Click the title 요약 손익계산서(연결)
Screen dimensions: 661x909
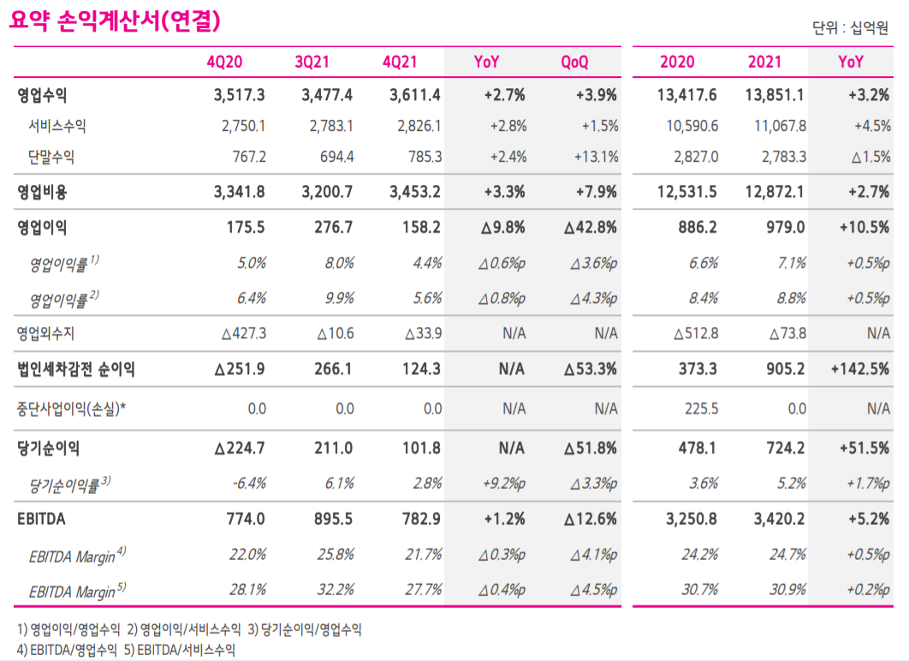116,21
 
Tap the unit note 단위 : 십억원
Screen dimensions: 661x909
852,28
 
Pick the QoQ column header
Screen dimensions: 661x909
574,63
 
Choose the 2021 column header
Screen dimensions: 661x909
764,63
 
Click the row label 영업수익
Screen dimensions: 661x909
42,95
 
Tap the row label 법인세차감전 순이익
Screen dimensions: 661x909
76,370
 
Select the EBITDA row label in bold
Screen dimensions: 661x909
41,519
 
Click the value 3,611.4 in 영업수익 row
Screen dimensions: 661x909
415,95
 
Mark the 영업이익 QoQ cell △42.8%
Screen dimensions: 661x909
590,228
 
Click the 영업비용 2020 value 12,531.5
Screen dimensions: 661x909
689,192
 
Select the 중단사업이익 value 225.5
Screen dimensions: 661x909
701,409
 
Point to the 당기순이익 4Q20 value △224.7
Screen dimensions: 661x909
241,448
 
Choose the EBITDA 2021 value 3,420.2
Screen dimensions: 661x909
776,519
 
